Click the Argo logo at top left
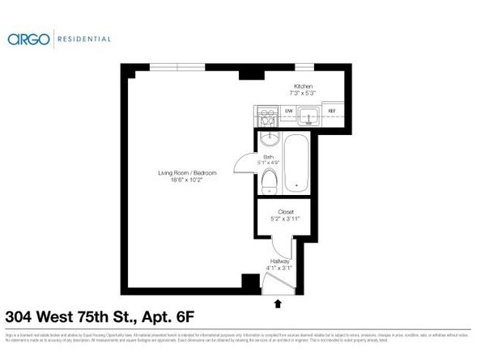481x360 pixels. pos(29,38)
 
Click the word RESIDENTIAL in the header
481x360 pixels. pos(84,38)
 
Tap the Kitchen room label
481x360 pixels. pos(303,86)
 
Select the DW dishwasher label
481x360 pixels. pos(288,112)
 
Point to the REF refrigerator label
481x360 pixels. pos(331,112)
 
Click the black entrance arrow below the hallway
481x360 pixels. pos(279,303)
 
